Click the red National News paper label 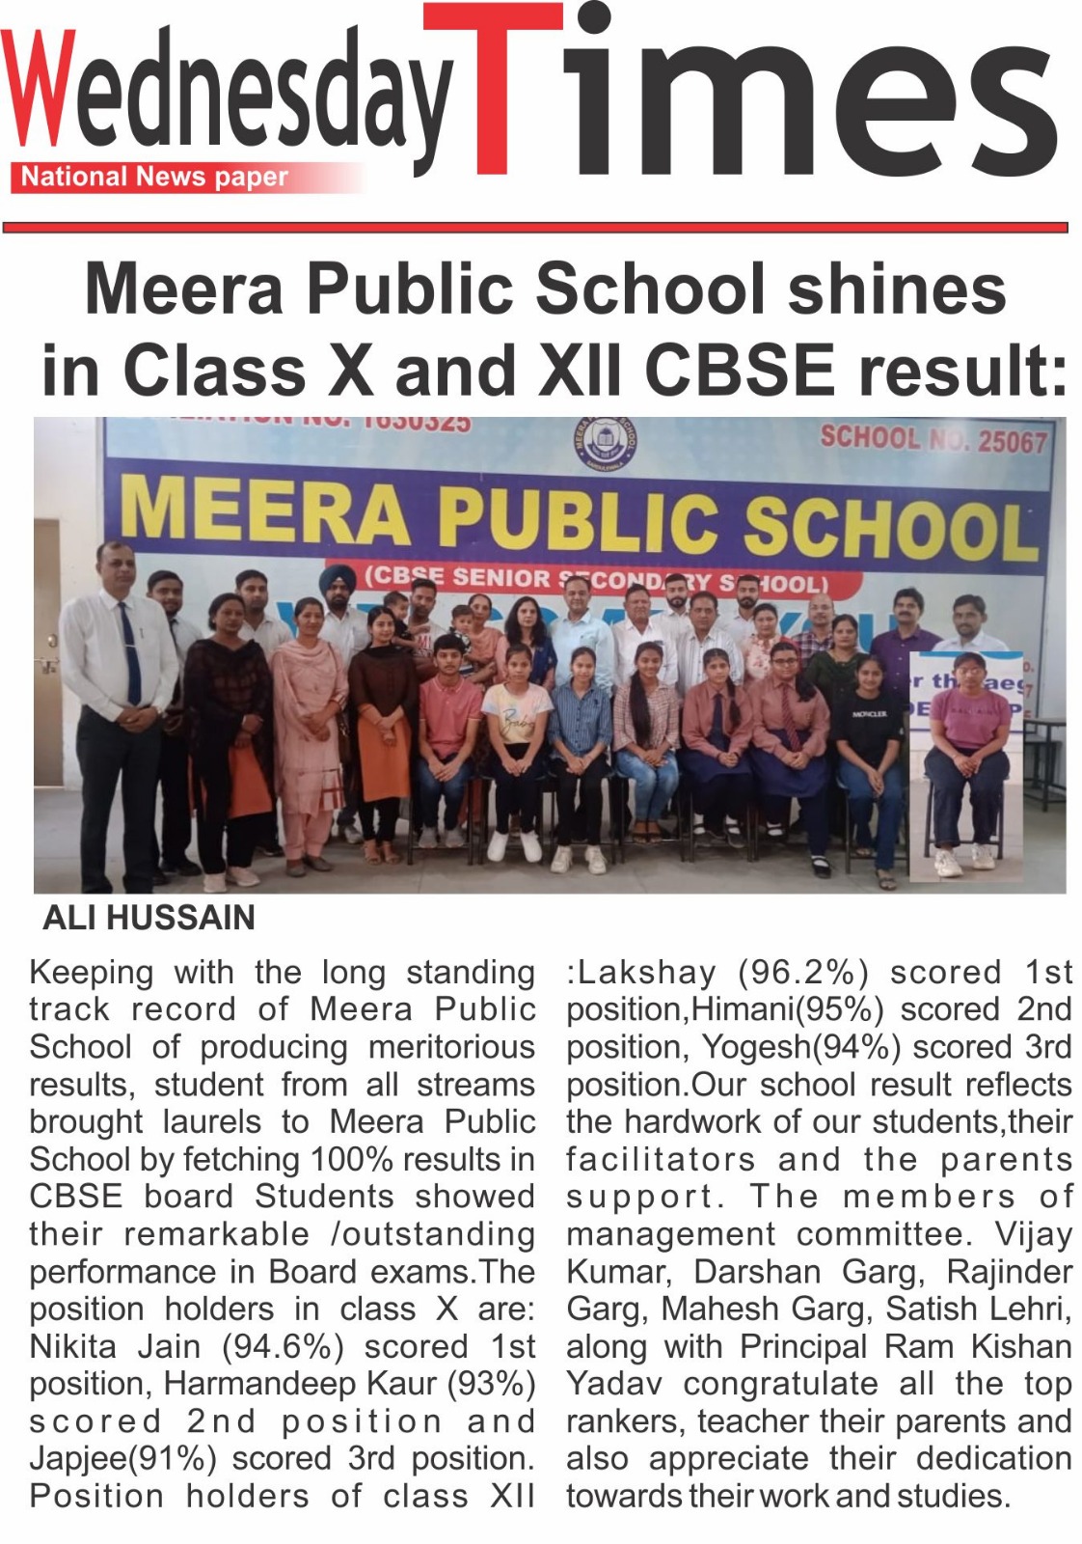(154, 178)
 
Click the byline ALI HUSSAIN (149, 917)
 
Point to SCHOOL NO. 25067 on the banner (933, 440)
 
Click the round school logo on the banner (604, 445)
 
